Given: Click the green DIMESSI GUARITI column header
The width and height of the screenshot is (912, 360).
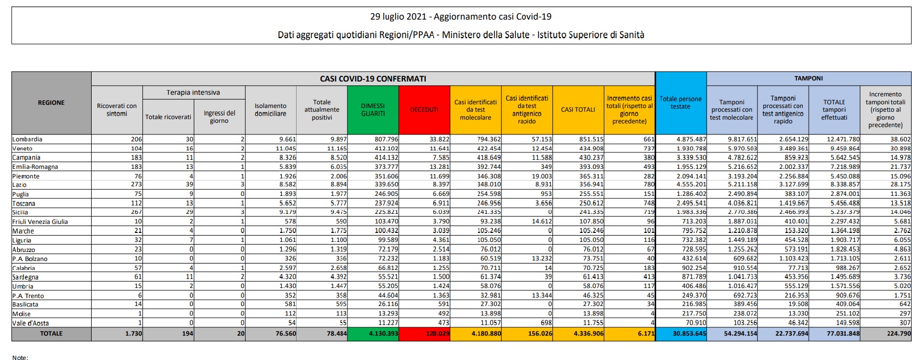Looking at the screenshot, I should tap(372, 110).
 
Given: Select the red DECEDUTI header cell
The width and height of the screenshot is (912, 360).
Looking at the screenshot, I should tap(424, 110).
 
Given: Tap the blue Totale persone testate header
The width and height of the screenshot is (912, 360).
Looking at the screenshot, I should tap(681, 103).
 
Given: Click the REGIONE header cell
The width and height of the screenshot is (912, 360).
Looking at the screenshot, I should tap(51, 103).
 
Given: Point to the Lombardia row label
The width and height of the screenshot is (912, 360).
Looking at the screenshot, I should tap(28, 139).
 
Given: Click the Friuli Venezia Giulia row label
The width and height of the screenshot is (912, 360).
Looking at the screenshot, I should tap(40, 222).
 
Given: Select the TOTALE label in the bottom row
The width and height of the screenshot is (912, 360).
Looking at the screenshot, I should tap(51, 334).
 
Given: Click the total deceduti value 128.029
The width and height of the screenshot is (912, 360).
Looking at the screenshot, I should tap(436, 334).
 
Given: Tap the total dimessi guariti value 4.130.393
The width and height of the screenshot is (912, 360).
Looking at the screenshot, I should tap(381, 334).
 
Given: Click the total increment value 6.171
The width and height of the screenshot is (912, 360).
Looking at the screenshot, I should tap(645, 334).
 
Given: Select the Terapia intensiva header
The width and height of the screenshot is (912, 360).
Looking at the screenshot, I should tap(193, 93).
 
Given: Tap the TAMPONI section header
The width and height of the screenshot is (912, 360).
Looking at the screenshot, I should tap(808, 78).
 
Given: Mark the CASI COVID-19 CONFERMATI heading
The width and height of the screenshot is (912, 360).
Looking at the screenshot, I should tap(373, 78).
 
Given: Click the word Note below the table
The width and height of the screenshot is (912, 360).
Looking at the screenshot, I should tap(20, 357).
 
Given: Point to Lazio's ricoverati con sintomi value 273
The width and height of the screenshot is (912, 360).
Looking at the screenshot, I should tap(136, 185).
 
